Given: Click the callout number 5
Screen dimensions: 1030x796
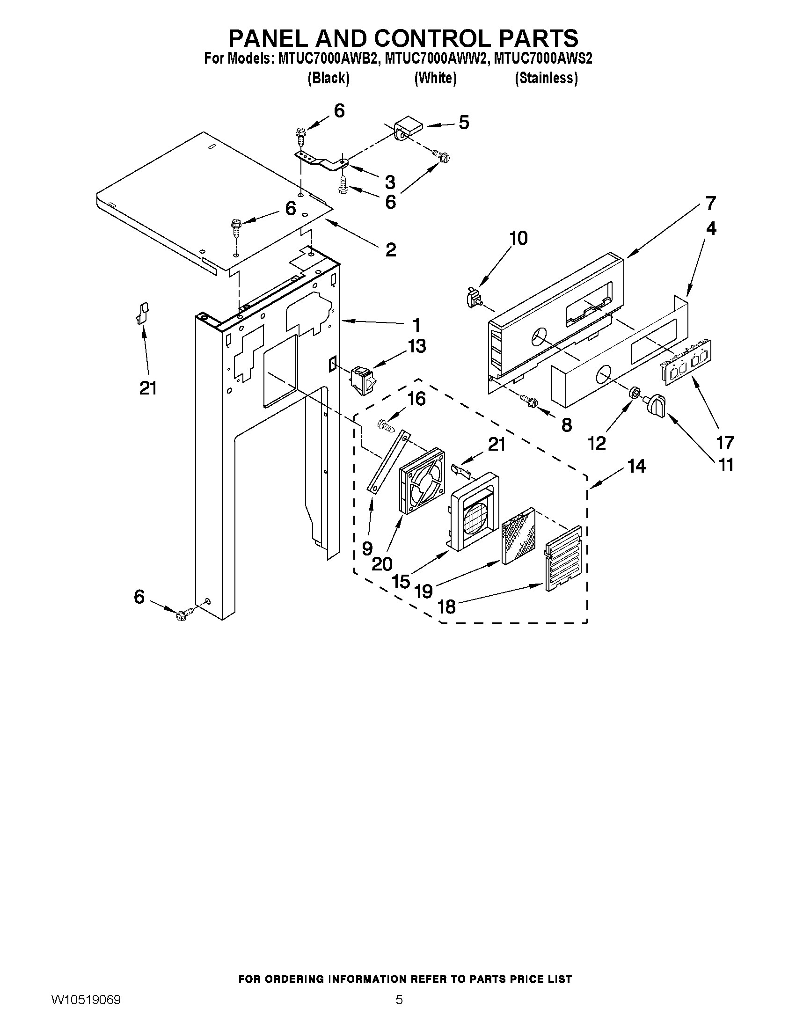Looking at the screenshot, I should tap(464, 123).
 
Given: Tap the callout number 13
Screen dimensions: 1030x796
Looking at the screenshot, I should tap(416, 346).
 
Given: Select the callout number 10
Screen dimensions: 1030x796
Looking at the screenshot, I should tap(518, 238).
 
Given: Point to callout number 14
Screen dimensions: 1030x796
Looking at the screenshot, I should tap(636, 467).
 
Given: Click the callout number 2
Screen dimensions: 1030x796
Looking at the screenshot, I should tap(390, 249).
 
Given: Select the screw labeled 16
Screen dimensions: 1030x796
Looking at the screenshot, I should tap(385, 426).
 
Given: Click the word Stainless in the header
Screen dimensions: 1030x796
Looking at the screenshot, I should tap(546, 78).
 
